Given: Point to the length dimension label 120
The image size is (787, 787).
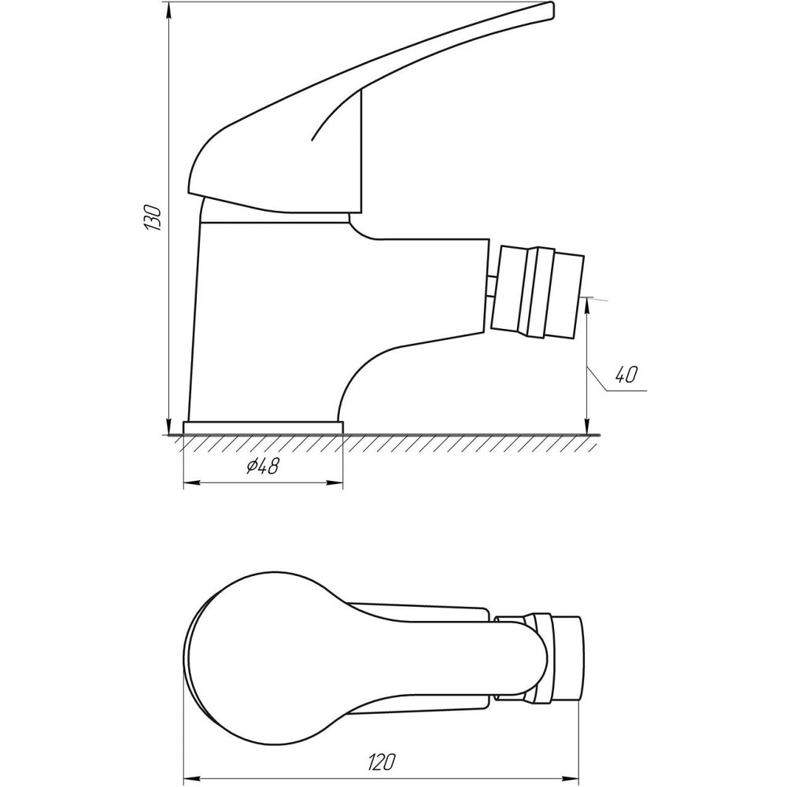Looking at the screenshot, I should point(381,762).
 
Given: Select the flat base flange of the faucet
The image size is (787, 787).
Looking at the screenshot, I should point(263,427).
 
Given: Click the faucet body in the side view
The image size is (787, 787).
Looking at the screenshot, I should point(268,315).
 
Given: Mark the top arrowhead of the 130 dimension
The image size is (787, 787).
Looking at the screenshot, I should point(169,9).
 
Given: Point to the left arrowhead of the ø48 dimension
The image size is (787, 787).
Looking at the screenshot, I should point(187,482).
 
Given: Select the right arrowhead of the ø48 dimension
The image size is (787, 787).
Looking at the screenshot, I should point(339,482).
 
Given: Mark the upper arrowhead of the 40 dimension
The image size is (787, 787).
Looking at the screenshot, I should point(588,304).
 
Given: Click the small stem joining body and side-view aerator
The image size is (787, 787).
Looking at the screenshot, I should point(490,285).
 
